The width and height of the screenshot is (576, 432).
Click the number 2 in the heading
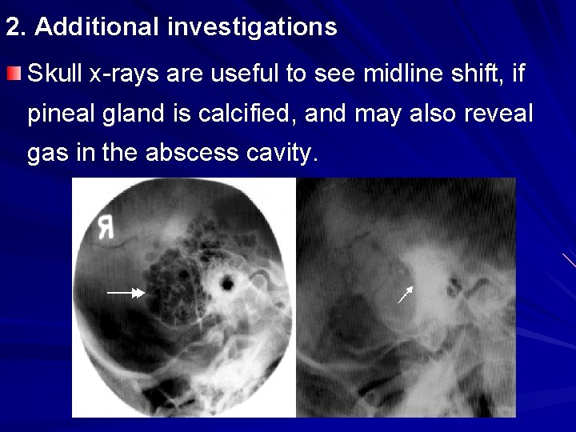coord(12,28)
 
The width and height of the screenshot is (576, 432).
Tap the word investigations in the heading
coord(253,28)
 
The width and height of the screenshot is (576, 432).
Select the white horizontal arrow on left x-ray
coord(126,293)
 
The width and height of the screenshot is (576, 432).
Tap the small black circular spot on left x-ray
coord(227,282)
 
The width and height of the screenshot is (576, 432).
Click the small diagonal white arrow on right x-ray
coord(406,295)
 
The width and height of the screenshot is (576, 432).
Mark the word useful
coord(242,75)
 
